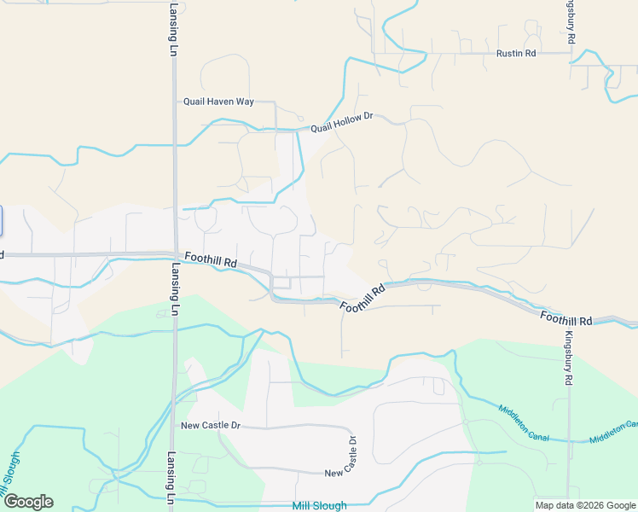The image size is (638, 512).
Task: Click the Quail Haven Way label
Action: tap(219, 102)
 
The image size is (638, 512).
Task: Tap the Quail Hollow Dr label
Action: tap(342, 123)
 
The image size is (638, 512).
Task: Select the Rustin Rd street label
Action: tap(516, 53)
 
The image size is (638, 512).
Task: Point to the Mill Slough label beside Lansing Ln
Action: tap(319, 506)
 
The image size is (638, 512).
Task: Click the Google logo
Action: tap(28, 502)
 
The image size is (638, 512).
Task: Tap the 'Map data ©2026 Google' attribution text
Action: tap(585, 505)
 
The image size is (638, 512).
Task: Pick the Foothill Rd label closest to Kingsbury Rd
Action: tap(566, 318)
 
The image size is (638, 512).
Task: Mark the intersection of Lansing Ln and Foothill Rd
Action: tap(175, 253)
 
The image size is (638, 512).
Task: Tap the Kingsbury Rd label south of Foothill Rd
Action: tap(569, 358)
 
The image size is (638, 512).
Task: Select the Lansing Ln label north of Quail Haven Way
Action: tap(171, 29)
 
